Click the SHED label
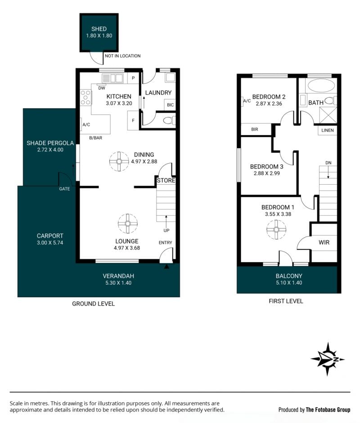point(99,29)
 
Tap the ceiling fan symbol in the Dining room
point(119,162)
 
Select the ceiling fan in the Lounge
point(128,223)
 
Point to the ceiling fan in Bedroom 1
point(276,230)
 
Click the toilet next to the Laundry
point(169,121)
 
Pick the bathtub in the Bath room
point(321,86)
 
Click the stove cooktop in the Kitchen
point(85,97)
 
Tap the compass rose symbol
point(328,359)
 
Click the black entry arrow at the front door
point(167,267)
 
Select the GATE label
point(64,189)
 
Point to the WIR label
point(324,242)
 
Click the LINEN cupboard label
point(328,130)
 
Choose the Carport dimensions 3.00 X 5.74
point(50,242)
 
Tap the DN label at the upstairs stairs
point(328,163)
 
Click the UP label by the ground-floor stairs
point(166,230)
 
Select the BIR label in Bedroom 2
point(255,129)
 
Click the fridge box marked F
point(133,121)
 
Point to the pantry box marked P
point(133,78)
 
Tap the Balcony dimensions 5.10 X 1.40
point(289,283)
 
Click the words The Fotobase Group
point(328,410)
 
